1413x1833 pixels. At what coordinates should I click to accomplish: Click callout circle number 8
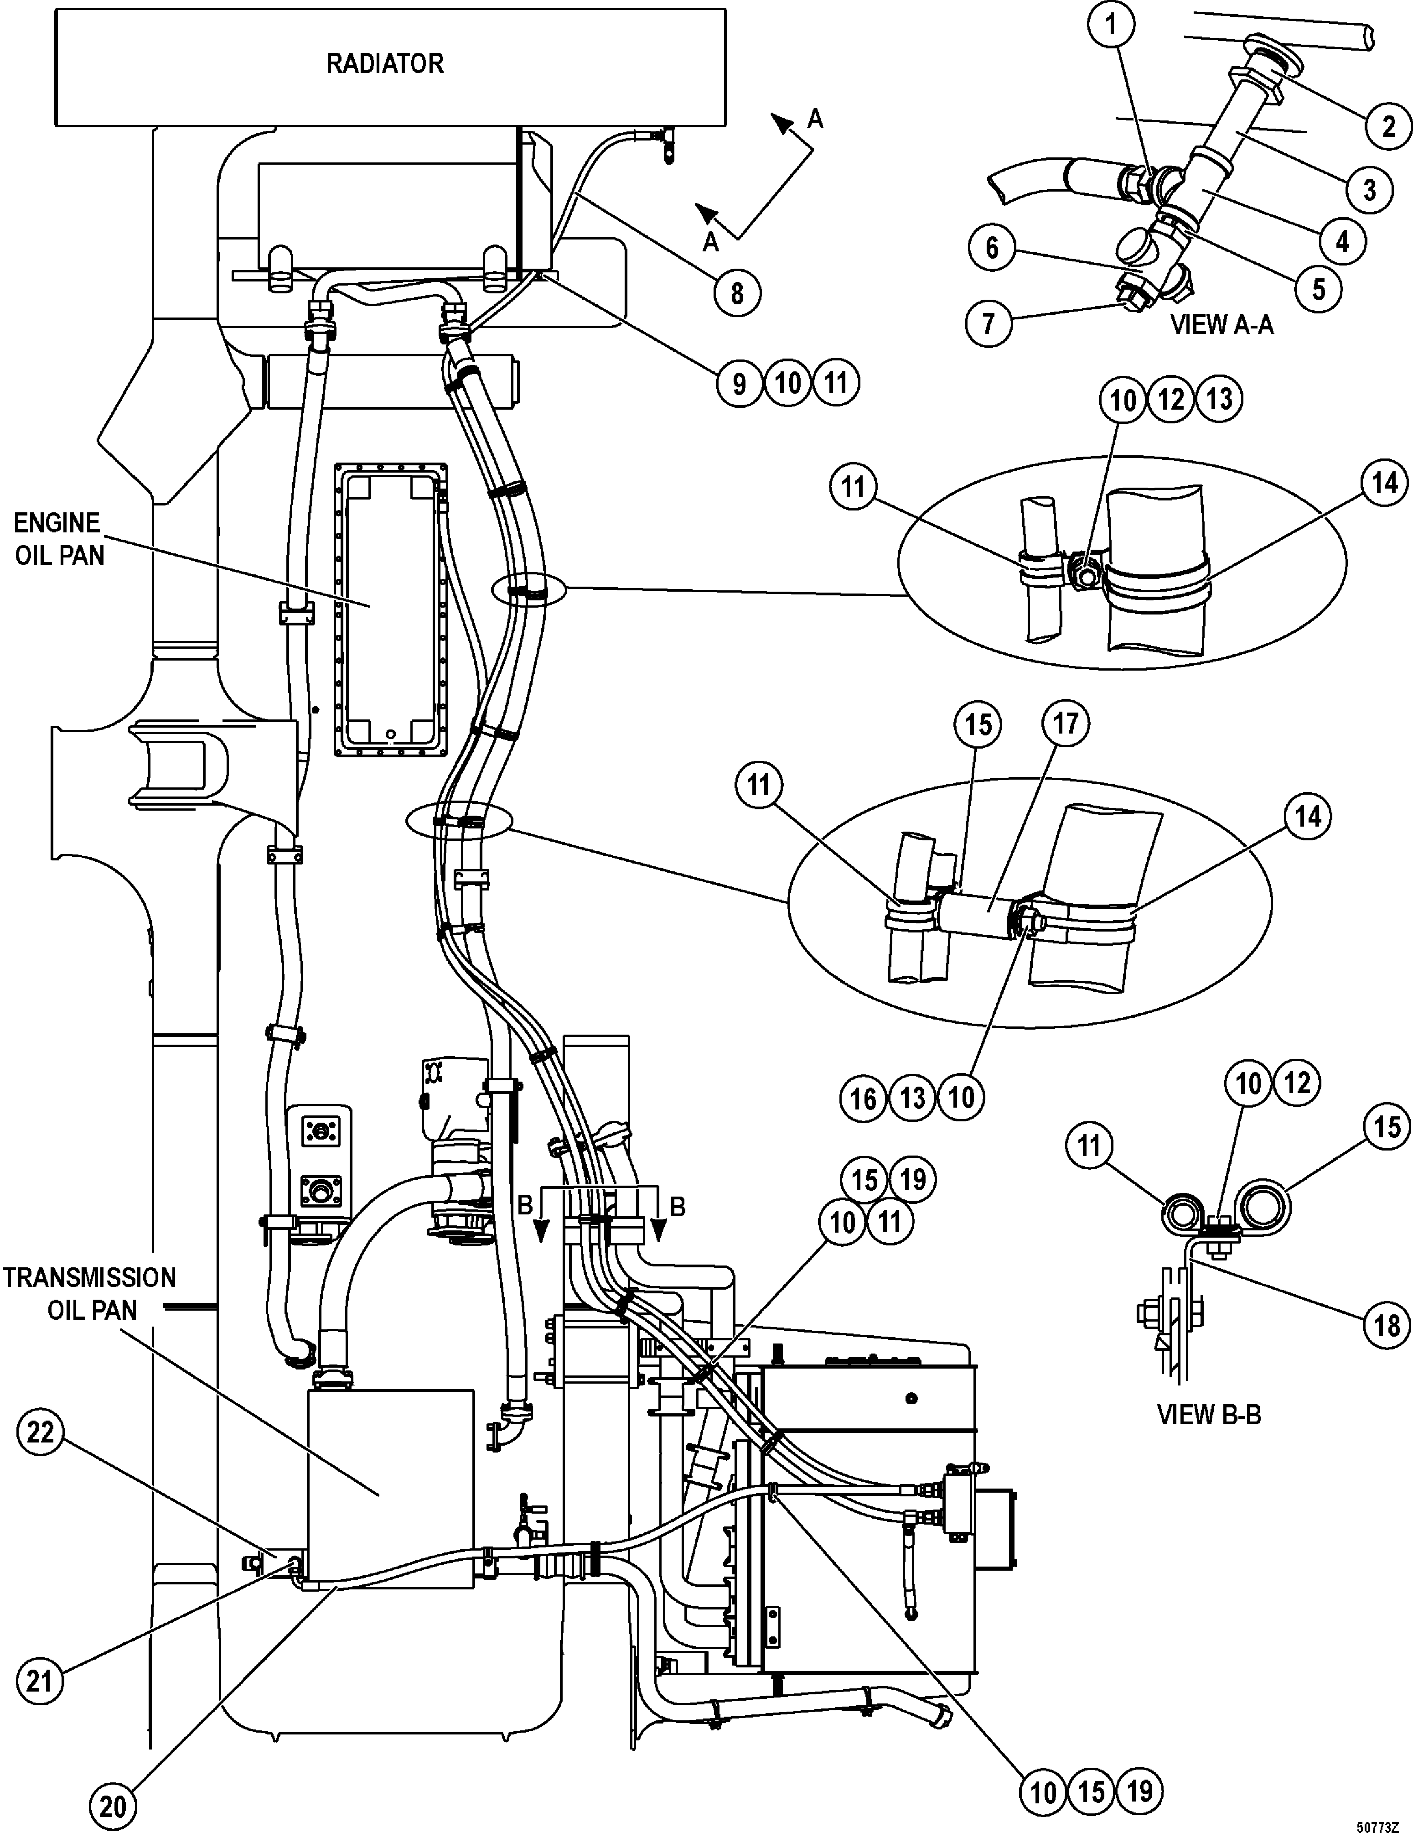[x=737, y=294]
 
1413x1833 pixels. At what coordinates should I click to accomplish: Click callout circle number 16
[x=864, y=1098]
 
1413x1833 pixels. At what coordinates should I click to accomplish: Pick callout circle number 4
[x=1342, y=241]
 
